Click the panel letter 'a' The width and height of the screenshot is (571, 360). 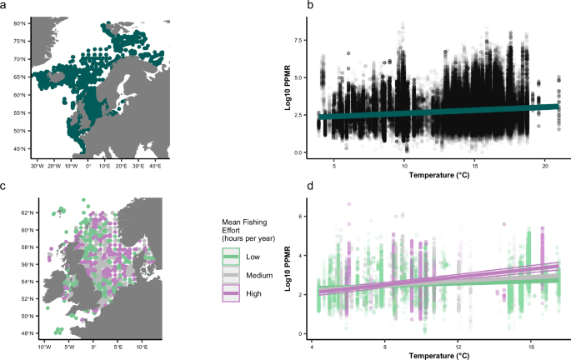(4, 6)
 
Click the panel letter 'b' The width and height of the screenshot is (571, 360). (288, 6)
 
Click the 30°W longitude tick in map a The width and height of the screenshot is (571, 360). (37, 165)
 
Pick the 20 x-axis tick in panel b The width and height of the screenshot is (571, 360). (544, 165)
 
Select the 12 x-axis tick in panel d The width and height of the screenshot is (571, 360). (458, 343)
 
